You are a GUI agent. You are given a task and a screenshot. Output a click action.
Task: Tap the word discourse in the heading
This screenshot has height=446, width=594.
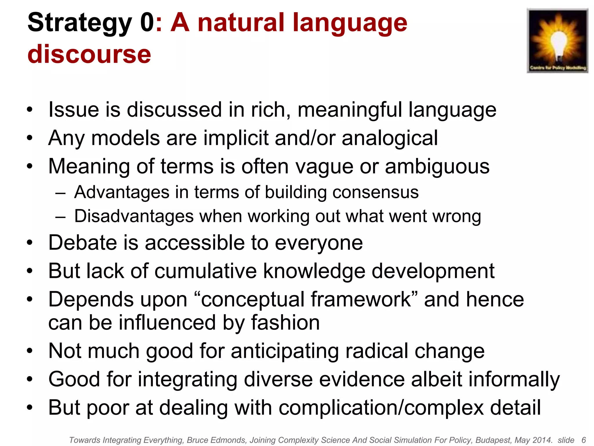89,54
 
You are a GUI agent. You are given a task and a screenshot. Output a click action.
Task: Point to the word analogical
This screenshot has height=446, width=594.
390,138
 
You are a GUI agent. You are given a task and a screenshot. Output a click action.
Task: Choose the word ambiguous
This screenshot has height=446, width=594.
437,166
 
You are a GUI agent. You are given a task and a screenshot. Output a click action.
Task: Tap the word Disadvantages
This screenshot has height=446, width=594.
134,216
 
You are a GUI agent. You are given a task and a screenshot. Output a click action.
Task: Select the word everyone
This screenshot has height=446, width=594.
318,243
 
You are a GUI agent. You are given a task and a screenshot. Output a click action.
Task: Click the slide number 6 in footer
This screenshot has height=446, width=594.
584,440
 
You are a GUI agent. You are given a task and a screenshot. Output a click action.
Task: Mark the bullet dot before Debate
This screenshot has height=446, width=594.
30,243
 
